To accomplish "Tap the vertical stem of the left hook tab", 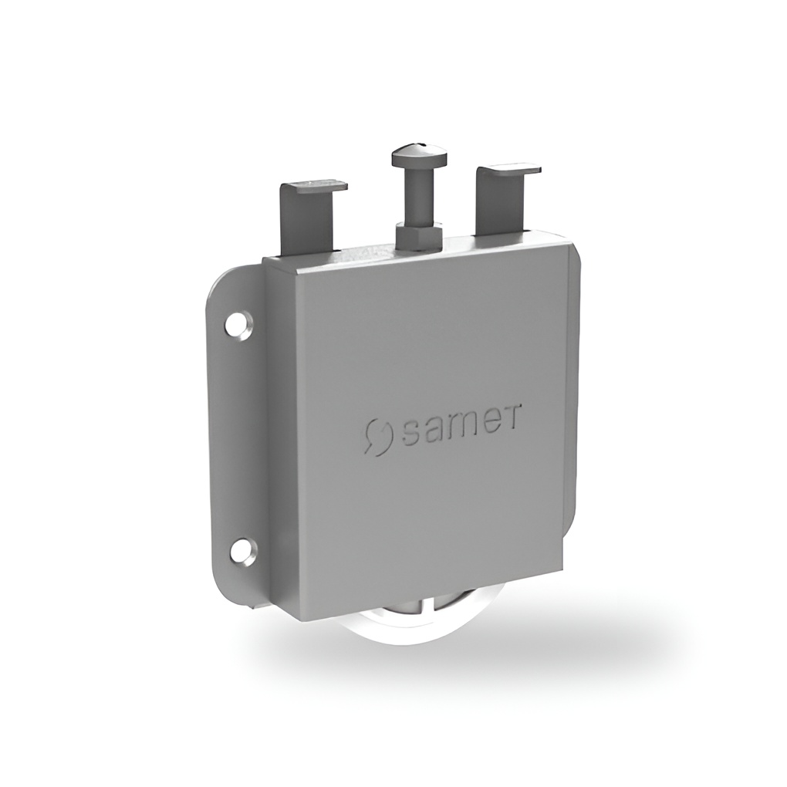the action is tap(307, 221).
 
